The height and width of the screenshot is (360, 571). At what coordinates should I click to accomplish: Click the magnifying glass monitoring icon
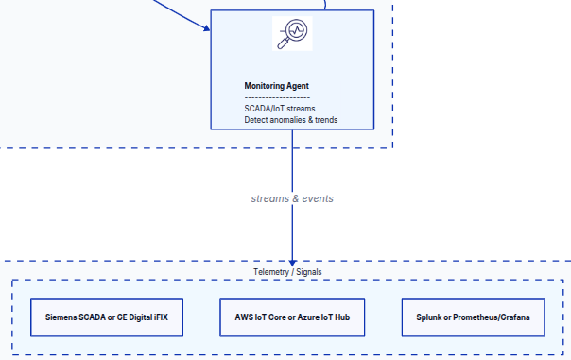(292, 34)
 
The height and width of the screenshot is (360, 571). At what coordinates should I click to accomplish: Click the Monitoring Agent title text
(276, 86)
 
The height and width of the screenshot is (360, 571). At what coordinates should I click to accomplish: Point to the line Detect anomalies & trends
(290, 120)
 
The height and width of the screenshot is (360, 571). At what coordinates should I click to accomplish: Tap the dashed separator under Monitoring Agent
(277, 97)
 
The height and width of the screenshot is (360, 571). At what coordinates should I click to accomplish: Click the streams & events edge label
(292, 199)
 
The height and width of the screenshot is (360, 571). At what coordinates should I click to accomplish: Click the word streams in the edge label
(270, 199)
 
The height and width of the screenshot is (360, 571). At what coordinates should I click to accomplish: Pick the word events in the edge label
(317, 199)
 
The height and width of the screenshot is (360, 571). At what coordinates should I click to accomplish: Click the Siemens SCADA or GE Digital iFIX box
(106, 317)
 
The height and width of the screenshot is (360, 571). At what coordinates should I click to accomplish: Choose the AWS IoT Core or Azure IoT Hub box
(292, 317)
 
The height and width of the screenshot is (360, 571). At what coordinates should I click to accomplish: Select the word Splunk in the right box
(430, 317)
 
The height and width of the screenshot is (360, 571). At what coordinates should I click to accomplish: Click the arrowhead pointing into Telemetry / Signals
(292, 262)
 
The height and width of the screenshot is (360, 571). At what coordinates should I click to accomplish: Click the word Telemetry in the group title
(272, 272)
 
